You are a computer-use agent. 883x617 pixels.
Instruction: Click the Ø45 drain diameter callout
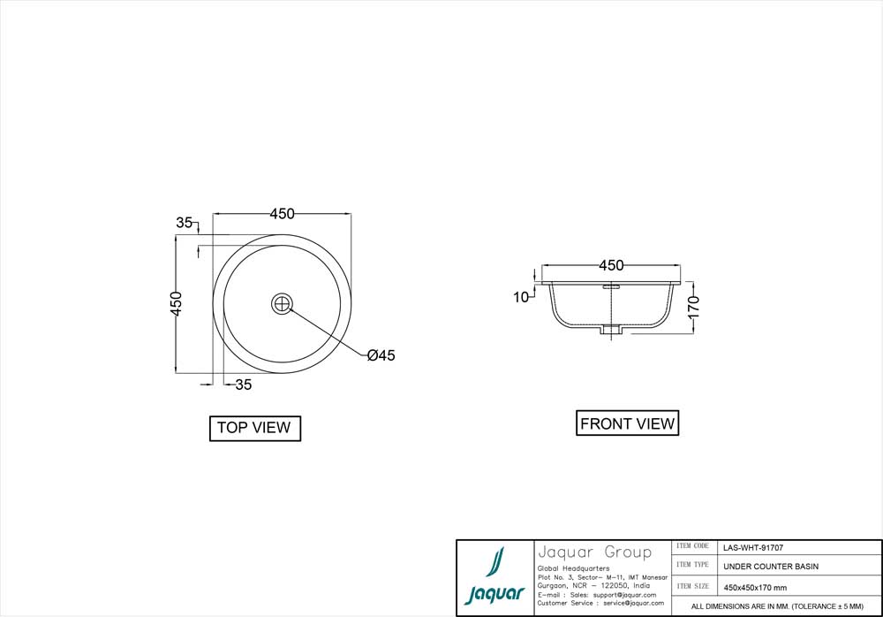(x=381, y=355)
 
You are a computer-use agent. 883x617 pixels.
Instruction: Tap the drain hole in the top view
(x=283, y=303)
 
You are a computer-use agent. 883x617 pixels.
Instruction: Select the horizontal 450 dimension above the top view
(x=282, y=214)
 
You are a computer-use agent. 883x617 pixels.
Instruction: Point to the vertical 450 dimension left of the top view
(x=176, y=303)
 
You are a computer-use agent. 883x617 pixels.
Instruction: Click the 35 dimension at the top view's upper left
(x=184, y=223)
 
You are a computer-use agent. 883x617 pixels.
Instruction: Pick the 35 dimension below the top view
(x=244, y=385)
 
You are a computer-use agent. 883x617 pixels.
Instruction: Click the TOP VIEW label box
(x=254, y=428)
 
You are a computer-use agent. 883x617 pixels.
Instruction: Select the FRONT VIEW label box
(x=627, y=423)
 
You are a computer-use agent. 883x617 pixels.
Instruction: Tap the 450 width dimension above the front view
(x=611, y=265)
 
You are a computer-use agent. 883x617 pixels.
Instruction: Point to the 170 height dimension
(x=694, y=308)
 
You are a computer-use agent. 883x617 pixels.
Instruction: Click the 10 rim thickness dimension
(x=521, y=297)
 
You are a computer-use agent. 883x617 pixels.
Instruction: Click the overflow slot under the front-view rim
(x=611, y=286)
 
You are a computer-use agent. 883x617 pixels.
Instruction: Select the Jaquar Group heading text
(x=594, y=552)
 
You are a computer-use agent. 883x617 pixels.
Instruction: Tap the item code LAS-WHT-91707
(x=752, y=547)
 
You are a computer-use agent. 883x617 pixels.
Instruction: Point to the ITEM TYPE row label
(x=692, y=565)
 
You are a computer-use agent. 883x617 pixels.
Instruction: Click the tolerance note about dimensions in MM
(x=776, y=607)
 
